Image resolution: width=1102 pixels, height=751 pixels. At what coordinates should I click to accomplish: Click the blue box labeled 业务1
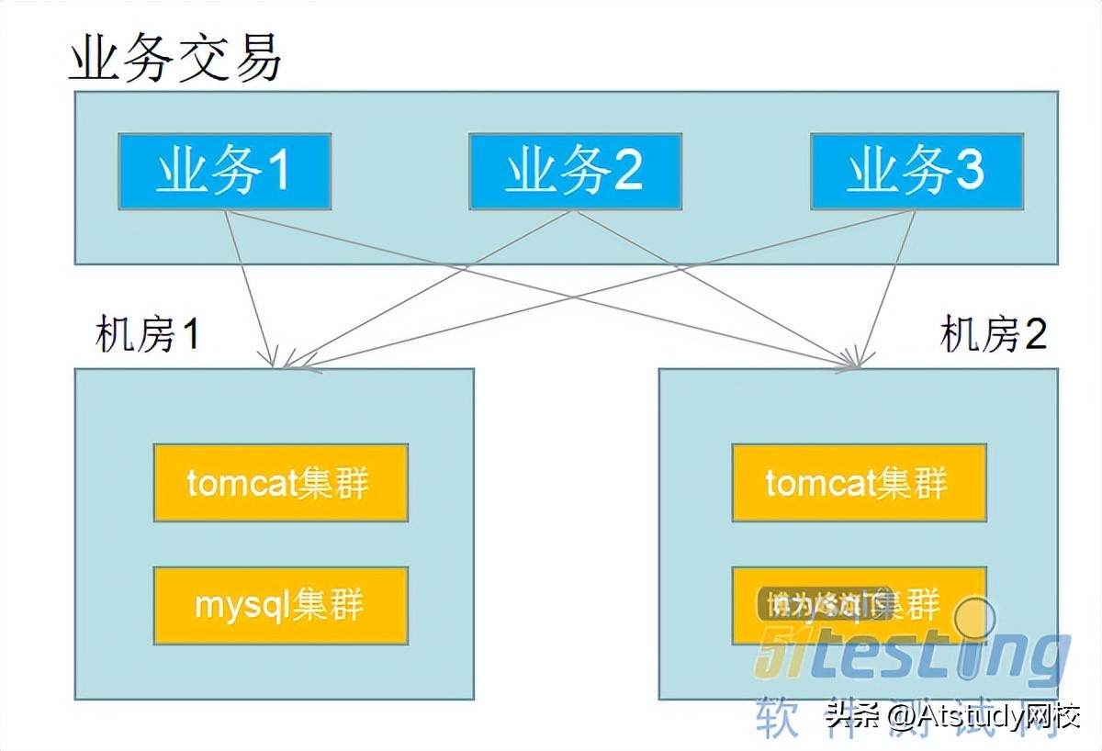[x=224, y=172]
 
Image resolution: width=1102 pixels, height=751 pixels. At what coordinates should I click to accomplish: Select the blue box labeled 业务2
[x=575, y=172]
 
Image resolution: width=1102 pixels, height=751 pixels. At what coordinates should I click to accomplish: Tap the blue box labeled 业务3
[x=916, y=172]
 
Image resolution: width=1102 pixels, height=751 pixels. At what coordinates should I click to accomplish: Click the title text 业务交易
[x=175, y=60]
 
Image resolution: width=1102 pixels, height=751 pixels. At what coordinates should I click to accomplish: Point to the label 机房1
[x=147, y=336]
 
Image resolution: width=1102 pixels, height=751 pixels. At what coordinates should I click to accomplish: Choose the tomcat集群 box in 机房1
[x=280, y=483]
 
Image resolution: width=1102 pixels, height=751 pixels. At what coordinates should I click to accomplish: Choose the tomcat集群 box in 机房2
[x=859, y=483]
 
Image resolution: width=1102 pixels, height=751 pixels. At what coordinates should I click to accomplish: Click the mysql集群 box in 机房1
[x=280, y=605]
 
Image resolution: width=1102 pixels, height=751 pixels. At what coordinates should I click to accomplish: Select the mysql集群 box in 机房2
[x=859, y=605]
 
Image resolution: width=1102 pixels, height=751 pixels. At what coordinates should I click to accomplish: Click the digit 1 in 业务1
[x=276, y=172]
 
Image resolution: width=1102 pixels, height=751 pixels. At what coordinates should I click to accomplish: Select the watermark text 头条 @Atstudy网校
[x=951, y=715]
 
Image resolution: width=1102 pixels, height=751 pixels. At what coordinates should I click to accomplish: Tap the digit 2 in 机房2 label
[x=1035, y=336]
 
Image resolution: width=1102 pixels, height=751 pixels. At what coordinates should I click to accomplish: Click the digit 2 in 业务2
[x=628, y=172]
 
